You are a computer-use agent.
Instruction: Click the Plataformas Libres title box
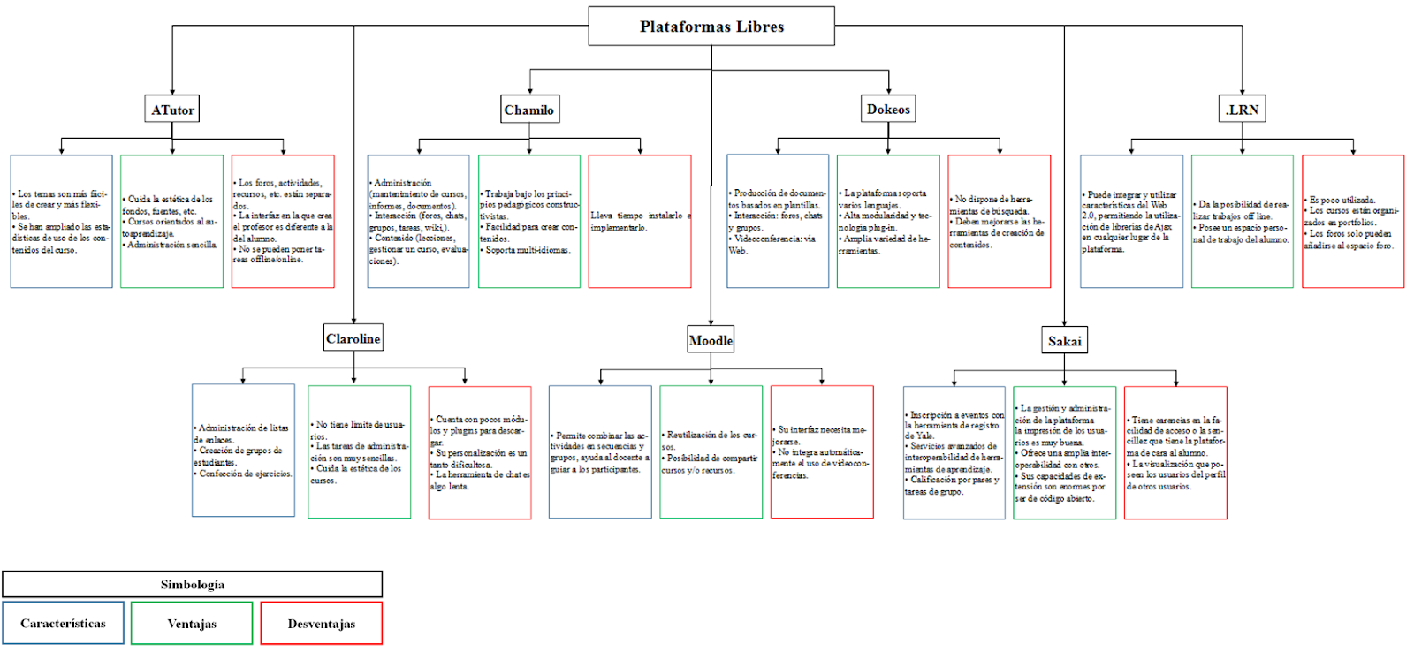pos(711,27)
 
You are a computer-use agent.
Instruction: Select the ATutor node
pos(172,110)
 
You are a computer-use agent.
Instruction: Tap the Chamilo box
pos(529,110)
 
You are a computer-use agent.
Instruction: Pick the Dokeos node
pos(888,109)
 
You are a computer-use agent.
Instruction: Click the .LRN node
pos(1242,110)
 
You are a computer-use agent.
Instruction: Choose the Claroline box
pos(353,338)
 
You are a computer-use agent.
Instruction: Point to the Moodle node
pos(711,340)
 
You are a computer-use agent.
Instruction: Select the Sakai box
pos(1064,341)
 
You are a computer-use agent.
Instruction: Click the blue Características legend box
pos(64,624)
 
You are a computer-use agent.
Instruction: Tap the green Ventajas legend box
pos(192,624)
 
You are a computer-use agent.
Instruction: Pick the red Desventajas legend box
pos(322,624)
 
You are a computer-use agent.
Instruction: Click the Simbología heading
pos(193,585)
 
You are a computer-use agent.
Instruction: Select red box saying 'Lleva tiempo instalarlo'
pos(640,222)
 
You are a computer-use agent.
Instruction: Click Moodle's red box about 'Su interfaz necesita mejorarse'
pos(822,451)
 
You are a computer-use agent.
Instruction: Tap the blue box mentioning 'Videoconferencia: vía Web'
pos(778,222)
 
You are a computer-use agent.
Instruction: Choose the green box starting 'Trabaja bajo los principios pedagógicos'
pos(529,222)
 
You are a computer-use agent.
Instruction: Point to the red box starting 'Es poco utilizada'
pos(1353,222)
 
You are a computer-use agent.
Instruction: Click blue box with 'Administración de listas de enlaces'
pos(243,451)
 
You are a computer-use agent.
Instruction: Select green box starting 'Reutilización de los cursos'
pos(711,451)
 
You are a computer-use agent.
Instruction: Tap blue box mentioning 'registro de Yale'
pos(954,452)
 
